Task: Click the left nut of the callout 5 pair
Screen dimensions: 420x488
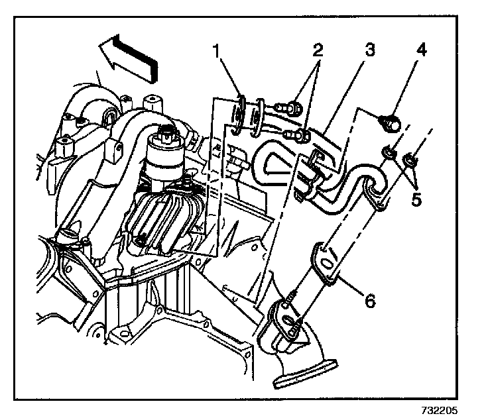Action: [389, 154]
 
